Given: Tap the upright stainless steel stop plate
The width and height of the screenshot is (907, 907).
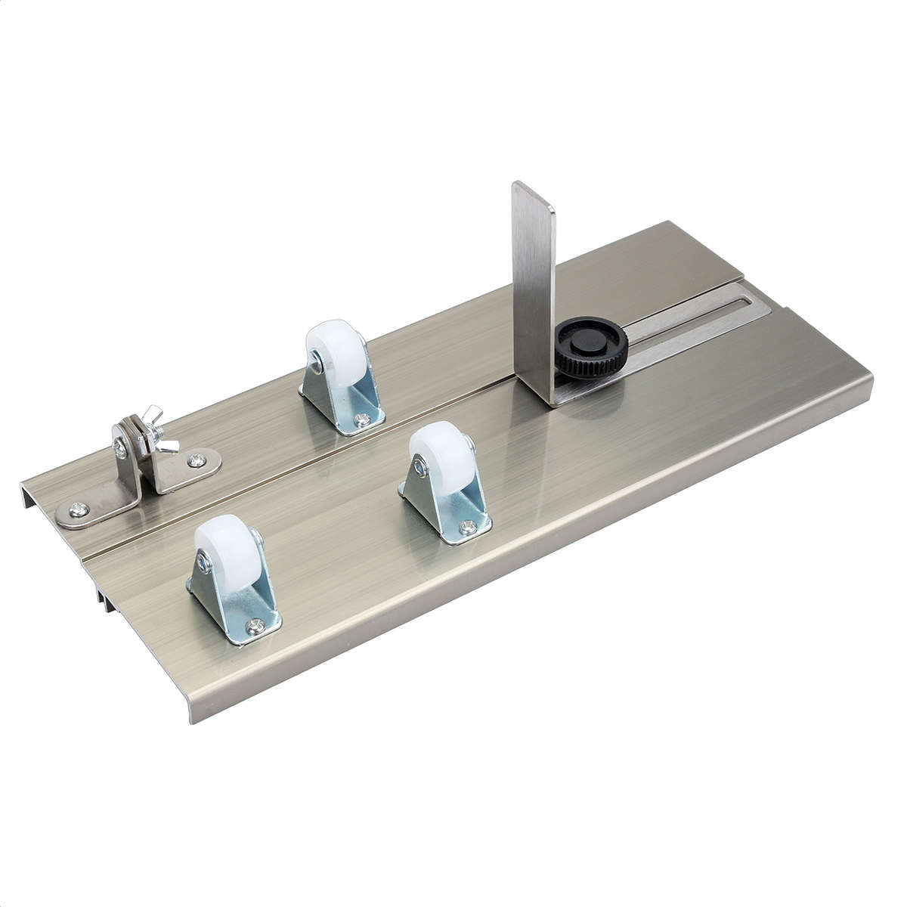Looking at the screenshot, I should tap(534, 280).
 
